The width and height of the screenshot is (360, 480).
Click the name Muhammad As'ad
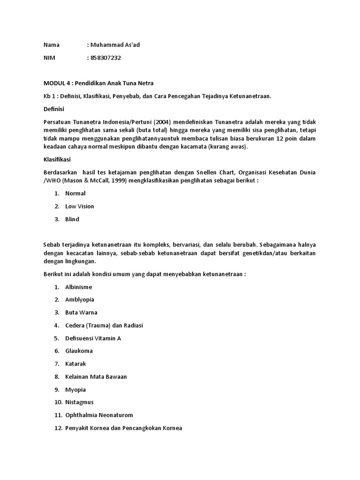(115, 45)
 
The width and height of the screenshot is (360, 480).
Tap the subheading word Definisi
(54, 109)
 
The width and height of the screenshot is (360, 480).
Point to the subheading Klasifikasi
(57, 160)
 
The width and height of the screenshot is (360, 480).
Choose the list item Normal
(75, 193)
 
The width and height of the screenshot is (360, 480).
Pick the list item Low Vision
(80, 206)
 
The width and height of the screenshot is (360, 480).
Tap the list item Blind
(72, 219)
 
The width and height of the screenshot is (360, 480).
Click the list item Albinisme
(79, 287)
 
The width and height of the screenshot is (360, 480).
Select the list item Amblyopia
(80, 300)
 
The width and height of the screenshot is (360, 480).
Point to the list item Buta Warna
(81, 312)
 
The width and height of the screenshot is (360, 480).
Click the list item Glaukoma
(79, 351)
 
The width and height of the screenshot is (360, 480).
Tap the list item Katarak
(75, 364)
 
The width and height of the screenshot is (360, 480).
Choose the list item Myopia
(75, 390)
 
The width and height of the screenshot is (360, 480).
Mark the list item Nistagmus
(80, 402)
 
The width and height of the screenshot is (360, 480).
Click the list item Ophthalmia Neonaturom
(99, 415)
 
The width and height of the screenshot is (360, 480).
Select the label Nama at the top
(52, 45)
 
